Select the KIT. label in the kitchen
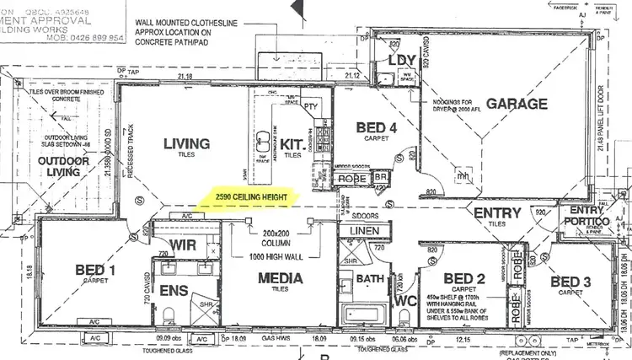coord(292,144)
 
